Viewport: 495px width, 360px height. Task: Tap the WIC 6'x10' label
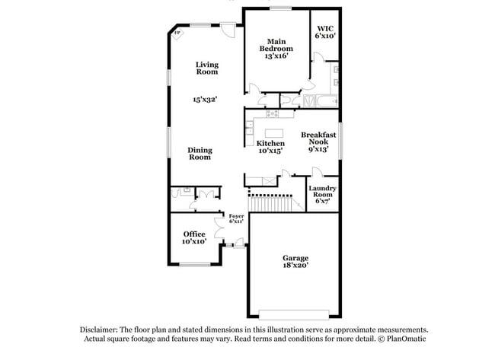pyautogui.click(x=325, y=32)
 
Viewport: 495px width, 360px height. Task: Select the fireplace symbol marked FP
pyautogui.click(x=177, y=33)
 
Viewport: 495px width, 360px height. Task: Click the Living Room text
pyautogui.click(x=207, y=68)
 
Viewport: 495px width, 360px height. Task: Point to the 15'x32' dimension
pyautogui.click(x=205, y=100)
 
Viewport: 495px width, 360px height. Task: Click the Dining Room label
pyautogui.click(x=200, y=154)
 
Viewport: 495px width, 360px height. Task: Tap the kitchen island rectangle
pyautogui.click(x=273, y=133)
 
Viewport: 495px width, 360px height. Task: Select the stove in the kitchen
pyautogui.click(x=272, y=113)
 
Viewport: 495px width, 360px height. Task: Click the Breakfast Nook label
pyautogui.click(x=318, y=142)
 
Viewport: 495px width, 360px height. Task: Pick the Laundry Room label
pyautogui.click(x=322, y=194)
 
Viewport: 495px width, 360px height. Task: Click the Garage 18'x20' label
pyautogui.click(x=295, y=262)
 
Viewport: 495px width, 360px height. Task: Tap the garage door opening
pyautogui.click(x=294, y=314)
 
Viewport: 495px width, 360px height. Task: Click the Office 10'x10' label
pyautogui.click(x=194, y=237)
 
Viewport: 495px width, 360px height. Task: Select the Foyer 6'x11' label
pyautogui.click(x=236, y=218)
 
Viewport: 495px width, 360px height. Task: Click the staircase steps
pyautogui.click(x=270, y=203)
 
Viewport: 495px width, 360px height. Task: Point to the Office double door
pyautogui.click(x=219, y=228)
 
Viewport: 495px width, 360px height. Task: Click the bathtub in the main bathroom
pyautogui.click(x=327, y=101)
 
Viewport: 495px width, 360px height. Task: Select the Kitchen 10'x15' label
pyautogui.click(x=270, y=147)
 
